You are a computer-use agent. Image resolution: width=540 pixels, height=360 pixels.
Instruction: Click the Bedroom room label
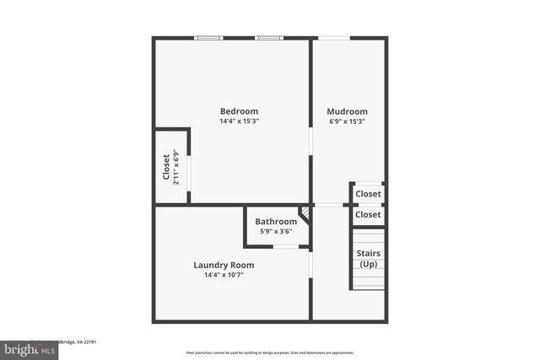(239, 111)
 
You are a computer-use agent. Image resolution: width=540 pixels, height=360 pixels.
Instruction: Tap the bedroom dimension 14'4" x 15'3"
(239, 121)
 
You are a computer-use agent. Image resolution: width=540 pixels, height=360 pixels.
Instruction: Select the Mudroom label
(347, 111)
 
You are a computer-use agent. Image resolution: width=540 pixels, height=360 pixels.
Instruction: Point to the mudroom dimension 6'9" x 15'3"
(347, 121)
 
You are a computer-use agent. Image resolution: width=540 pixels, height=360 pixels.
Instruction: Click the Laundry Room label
(224, 265)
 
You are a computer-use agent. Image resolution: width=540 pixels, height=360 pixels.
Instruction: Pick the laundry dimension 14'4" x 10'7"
(224, 275)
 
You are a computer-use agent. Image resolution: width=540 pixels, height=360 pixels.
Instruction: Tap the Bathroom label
(276, 222)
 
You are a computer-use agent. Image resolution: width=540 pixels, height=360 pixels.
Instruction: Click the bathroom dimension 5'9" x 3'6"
(276, 232)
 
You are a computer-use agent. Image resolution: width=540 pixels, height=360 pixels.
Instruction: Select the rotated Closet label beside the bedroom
(166, 167)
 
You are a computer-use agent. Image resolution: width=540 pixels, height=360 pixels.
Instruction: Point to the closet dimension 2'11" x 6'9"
(176, 167)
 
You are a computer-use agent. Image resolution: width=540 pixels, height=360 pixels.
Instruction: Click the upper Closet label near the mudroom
(368, 194)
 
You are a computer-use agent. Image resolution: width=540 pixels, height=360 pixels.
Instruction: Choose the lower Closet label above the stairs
(368, 215)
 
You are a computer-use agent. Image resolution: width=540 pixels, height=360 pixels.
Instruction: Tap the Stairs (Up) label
(369, 259)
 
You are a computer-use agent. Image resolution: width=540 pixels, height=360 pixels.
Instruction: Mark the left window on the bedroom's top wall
(208, 38)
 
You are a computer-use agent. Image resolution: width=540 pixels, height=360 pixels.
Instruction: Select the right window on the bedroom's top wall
(269, 38)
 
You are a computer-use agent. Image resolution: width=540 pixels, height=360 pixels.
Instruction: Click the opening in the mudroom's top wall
(334, 38)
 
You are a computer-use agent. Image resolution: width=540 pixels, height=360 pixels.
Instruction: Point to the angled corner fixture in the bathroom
(305, 215)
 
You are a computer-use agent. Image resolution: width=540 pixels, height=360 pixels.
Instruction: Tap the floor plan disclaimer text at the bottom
(270, 353)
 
